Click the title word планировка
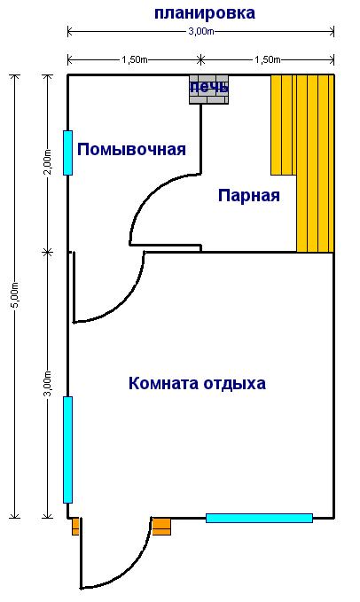205,13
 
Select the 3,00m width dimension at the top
200,32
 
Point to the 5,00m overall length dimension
14,295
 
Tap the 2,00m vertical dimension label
47,161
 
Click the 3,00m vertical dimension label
47,384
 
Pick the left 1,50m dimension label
134,59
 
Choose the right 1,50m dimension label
268,59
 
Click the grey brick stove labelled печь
208,90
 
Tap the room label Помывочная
131,149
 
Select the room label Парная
249,196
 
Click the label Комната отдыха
197,384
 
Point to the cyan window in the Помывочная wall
67,152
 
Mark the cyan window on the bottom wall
259,519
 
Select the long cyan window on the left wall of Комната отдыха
67,450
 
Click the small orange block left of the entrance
75,527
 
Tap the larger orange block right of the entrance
161,527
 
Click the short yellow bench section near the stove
284,125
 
